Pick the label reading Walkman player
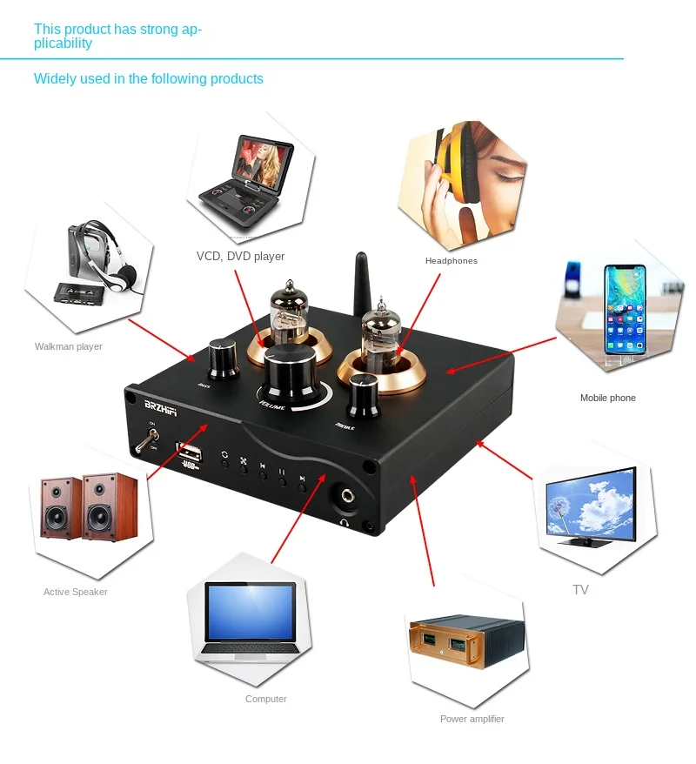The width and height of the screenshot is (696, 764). pos(69,346)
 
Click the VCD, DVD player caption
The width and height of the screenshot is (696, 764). pos(240,256)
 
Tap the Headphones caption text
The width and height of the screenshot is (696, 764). pos(451,261)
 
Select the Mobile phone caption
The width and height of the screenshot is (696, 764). pos(607,398)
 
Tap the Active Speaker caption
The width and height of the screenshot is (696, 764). pos(76,592)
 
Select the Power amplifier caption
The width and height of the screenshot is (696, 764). pos(472,719)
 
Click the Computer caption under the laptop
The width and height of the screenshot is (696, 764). pos(265,699)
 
